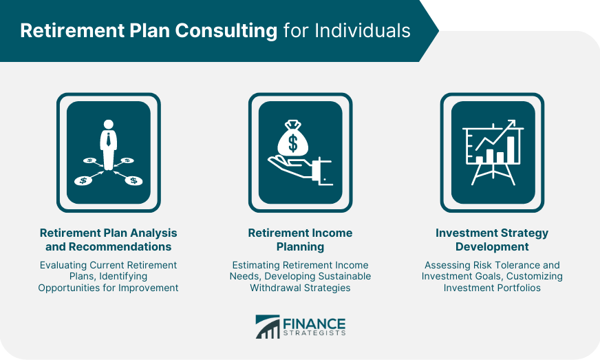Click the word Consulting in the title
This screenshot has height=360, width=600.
click(x=226, y=32)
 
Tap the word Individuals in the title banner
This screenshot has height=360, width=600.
click(x=363, y=30)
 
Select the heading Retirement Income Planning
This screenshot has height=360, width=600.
click(x=301, y=240)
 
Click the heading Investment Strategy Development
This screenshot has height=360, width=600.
click(x=492, y=240)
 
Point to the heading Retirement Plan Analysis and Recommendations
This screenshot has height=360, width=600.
click(x=108, y=240)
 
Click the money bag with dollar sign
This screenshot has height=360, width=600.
click(x=292, y=138)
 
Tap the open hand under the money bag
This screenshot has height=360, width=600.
click(x=300, y=171)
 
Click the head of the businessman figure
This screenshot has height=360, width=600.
click(x=109, y=125)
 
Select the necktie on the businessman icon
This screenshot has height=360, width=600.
click(x=109, y=140)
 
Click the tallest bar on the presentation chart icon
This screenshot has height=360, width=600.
click(x=511, y=149)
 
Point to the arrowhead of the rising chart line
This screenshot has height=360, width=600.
click(x=511, y=124)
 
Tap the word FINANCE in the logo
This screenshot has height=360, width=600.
click(x=314, y=324)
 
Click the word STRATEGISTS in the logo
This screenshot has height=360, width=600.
click(x=314, y=333)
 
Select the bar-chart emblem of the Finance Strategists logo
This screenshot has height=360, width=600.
click(x=268, y=327)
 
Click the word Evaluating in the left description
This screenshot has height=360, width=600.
click(x=63, y=265)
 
